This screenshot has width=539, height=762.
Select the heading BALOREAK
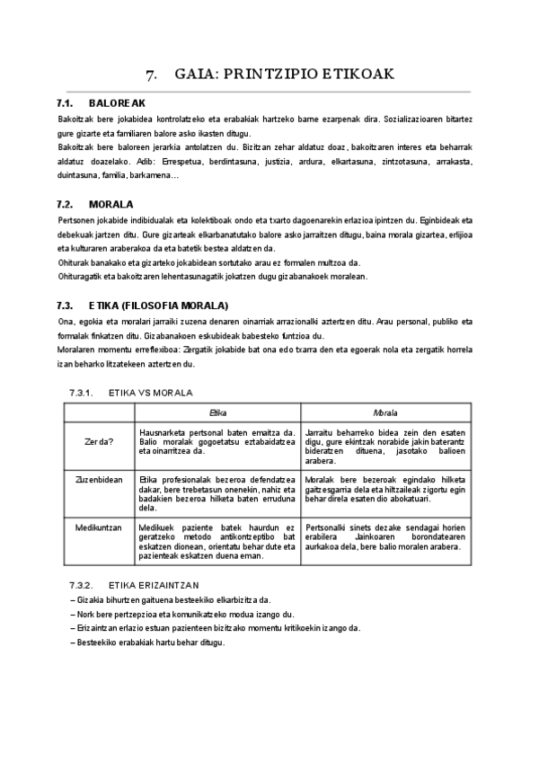point(117,104)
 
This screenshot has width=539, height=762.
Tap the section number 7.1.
point(65,104)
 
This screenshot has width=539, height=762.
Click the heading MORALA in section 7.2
point(111,204)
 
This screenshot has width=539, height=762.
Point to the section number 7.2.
point(65,204)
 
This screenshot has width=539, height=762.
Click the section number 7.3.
point(65,305)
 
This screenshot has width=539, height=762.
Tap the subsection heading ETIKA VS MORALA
point(150,393)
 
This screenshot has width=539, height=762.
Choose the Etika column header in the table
point(217,412)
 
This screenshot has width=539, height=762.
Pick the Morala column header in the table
point(385,412)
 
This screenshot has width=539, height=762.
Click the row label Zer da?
point(99,441)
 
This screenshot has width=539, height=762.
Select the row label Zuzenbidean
point(99,480)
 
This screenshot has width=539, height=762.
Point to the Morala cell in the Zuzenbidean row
point(385,494)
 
